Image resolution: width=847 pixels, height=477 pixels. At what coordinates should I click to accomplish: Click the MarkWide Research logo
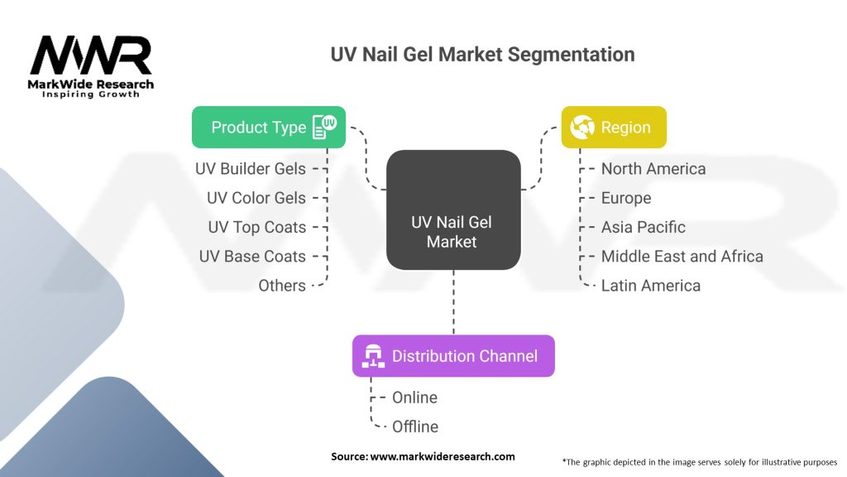click(x=91, y=65)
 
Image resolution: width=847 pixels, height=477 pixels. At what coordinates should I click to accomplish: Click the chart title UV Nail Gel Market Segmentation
click(x=482, y=55)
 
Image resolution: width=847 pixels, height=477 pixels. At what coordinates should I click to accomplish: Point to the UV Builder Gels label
click(x=251, y=169)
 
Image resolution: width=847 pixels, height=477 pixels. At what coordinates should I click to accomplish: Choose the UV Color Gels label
click(x=256, y=198)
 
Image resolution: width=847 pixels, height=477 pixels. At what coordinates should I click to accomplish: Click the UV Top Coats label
click(x=256, y=227)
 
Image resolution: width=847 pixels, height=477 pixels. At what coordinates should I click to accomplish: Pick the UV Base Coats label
click(x=252, y=257)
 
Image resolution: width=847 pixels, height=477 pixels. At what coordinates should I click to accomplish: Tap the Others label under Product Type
click(x=282, y=286)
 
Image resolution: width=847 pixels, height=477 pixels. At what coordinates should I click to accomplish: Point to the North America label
click(x=653, y=169)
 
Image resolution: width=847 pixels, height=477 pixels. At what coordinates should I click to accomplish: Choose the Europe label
click(x=626, y=198)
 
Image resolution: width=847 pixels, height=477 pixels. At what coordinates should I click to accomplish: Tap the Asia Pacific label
click(x=644, y=227)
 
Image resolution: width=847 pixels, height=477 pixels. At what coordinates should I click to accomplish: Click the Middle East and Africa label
click(x=682, y=257)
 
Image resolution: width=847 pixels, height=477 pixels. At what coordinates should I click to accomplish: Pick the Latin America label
click(x=651, y=286)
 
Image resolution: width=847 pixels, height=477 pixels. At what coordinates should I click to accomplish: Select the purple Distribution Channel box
click(x=453, y=356)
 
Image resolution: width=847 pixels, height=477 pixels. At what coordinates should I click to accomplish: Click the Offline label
click(x=415, y=427)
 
